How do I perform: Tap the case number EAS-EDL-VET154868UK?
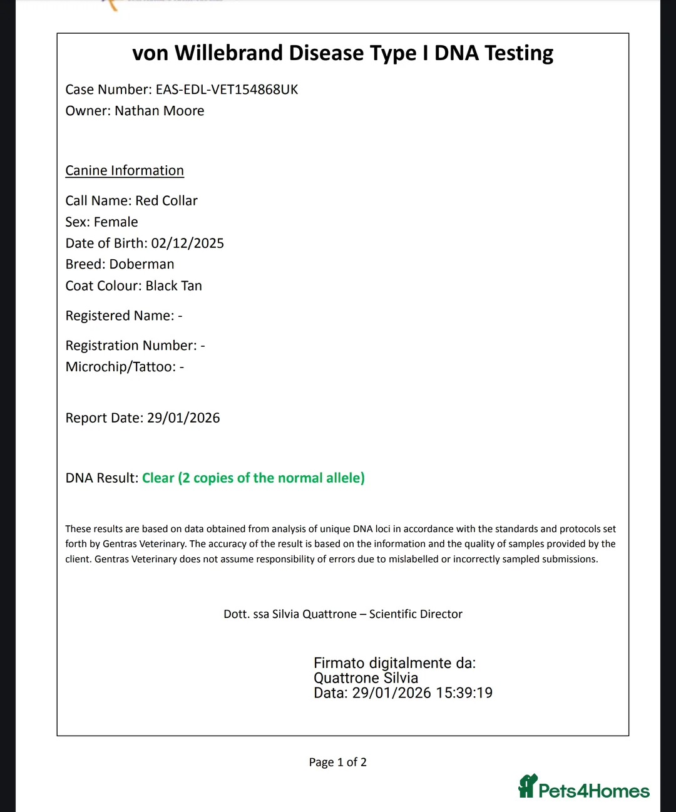tap(227, 90)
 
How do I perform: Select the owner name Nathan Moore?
tap(160, 111)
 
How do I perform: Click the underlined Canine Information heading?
tap(125, 171)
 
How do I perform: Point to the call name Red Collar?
tap(166, 201)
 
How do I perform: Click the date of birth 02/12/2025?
tap(187, 244)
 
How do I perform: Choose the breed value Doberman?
tap(141, 264)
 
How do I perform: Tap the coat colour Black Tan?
tap(173, 286)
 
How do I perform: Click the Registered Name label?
tap(120, 316)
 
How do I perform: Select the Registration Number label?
tap(131, 346)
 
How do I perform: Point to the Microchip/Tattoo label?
tap(120, 367)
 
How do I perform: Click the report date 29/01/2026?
tap(183, 418)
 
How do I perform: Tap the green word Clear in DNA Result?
tap(158, 478)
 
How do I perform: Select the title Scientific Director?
tap(416, 614)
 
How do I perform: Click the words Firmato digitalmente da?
tap(394, 663)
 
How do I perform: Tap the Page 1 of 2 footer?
tap(337, 763)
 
